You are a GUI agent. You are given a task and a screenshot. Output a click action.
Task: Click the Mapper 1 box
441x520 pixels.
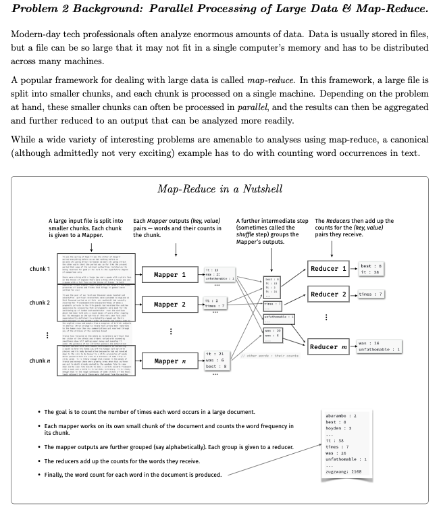coord(170,275)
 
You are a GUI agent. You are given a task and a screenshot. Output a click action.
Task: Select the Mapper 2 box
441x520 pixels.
coord(170,305)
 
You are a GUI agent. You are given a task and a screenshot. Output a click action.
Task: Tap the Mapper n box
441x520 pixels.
coord(170,361)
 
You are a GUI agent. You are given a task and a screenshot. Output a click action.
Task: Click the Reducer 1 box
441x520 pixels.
coord(328,269)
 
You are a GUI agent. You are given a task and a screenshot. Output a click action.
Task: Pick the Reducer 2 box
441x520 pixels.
coord(328,294)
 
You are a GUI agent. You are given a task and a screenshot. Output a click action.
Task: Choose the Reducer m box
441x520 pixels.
coord(328,346)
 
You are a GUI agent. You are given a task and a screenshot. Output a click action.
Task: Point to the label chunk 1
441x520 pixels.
coord(40,269)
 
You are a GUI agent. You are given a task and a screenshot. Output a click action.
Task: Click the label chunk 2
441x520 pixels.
coord(40,303)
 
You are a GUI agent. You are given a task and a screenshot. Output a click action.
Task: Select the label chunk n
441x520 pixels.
coord(40,361)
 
